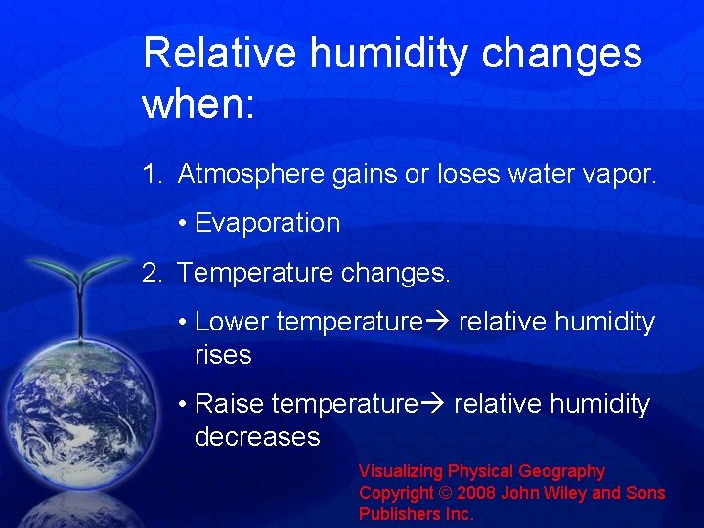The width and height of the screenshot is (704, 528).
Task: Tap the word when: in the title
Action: (x=198, y=103)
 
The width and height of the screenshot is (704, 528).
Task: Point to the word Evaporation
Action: (x=267, y=223)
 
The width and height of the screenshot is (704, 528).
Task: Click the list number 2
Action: (x=152, y=273)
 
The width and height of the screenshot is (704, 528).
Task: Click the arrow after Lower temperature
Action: (x=437, y=322)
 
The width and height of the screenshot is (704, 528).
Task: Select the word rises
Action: (x=223, y=355)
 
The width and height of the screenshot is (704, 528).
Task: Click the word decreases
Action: (x=257, y=437)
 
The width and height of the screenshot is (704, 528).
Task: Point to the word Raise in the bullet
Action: (x=230, y=404)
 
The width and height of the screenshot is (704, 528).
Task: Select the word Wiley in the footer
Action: (x=551, y=493)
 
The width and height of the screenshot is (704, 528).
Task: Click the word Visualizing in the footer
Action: (x=401, y=472)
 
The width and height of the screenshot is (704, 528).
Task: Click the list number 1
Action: (x=152, y=174)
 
